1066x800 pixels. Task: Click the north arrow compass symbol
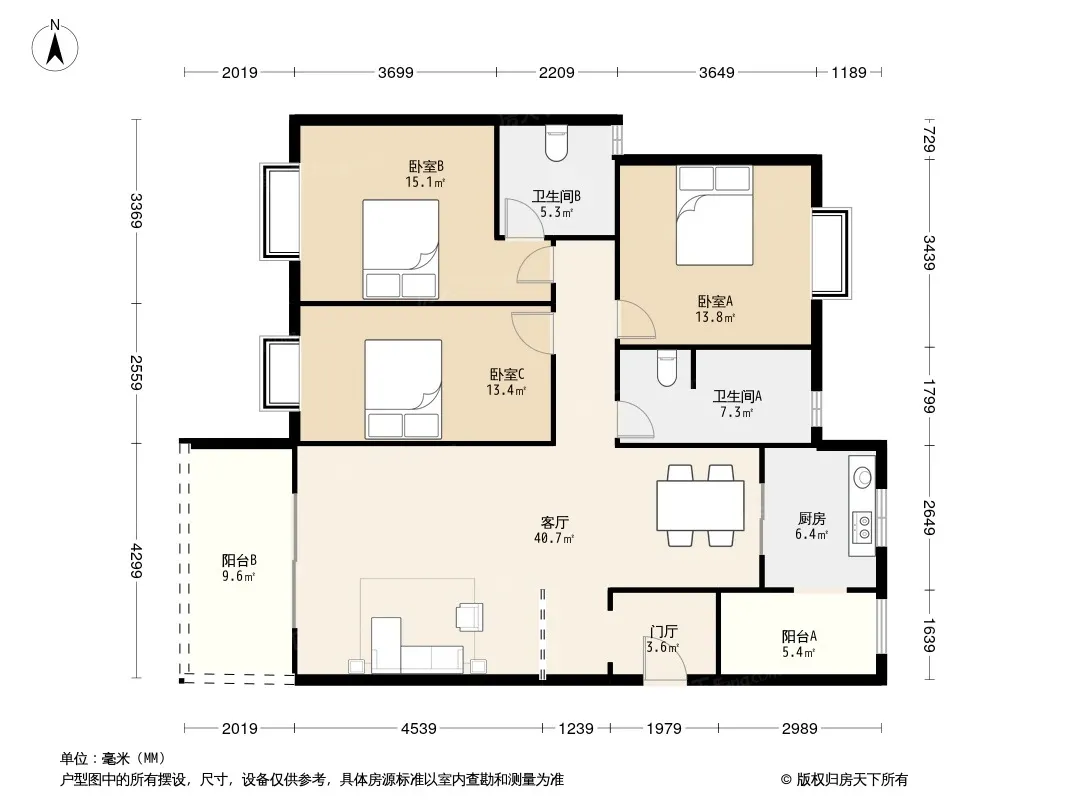pos(55,45)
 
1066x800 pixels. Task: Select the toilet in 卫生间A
pos(667,368)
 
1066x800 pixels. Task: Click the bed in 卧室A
pos(715,215)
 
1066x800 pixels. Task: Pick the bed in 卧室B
pos(400,249)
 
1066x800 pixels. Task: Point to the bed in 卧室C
pos(403,389)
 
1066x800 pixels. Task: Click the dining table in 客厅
pos(700,505)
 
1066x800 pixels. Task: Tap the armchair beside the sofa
pos(469,616)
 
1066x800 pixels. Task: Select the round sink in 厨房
pos(863,477)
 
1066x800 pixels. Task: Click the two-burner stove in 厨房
pos(863,527)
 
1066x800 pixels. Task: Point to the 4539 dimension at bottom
pos(418,729)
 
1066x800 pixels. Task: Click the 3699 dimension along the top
pos(396,72)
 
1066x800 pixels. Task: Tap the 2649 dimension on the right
pos(929,517)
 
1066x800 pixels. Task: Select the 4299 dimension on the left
pos(136,561)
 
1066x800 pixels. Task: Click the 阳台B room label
pos(239,561)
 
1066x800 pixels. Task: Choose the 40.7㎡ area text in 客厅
pos(554,538)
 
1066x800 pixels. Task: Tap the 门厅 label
pos(664,632)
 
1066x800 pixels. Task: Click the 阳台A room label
pos(799,637)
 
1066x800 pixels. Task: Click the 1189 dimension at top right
pos(849,72)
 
